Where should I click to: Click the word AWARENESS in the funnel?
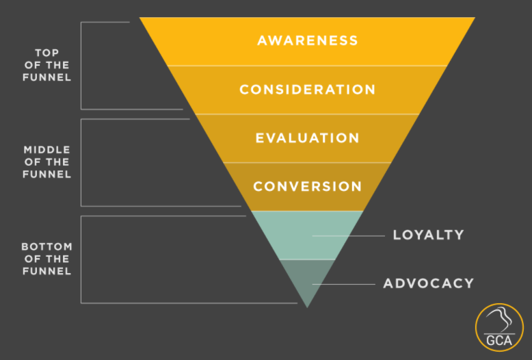(307, 40)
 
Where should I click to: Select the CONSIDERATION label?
(307, 90)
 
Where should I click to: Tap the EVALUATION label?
(307, 138)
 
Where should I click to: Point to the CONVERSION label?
(307, 186)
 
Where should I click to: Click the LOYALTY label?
(428, 235)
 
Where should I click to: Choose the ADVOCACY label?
(428, 283)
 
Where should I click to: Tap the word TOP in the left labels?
(47, 53)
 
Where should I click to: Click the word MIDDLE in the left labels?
(47, 149)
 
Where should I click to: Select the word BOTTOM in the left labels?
(47, 246)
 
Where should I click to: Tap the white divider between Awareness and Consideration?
(307, 66)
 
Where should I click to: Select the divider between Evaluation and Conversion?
(307, 162)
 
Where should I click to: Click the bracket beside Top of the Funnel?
(81, 66)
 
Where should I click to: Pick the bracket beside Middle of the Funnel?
(81, 162)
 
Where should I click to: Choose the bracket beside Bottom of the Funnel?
(81, 259)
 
